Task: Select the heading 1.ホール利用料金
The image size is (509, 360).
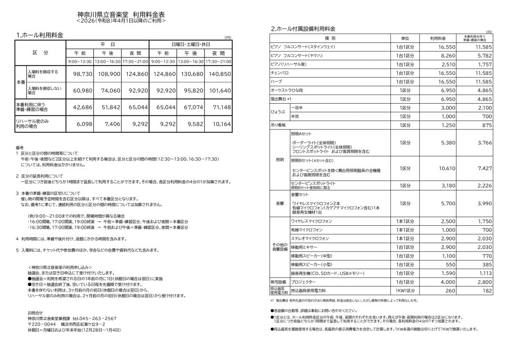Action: [40, 35]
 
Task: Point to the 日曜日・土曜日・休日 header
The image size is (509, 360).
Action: [191, 44]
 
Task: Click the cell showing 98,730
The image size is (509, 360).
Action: [80, 74]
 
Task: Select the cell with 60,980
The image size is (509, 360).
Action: [80, 90]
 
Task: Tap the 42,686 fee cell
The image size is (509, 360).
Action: [80, 107]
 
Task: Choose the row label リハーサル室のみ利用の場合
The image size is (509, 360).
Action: [33, 124]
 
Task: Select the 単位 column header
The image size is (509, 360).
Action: [405, 38]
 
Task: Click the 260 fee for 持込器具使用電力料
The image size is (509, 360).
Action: [451, 291]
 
